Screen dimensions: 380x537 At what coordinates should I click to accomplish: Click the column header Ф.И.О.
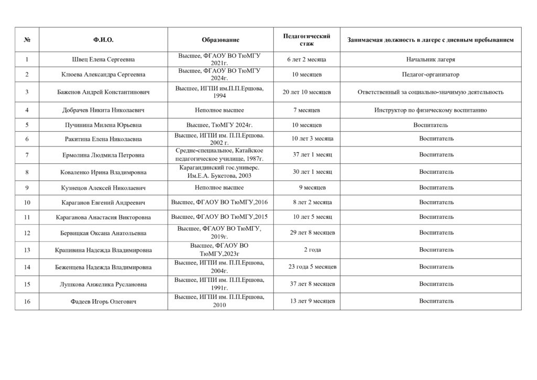[103, 40]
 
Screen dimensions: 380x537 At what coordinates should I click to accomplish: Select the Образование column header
[220, 40]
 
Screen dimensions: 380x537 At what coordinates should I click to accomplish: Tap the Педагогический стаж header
[306, 40]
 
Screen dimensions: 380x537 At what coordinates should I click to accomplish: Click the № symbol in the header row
[27, 40]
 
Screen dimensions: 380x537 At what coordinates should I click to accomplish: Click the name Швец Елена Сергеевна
[103, 59]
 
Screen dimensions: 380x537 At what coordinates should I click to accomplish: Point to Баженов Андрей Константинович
[103, 92]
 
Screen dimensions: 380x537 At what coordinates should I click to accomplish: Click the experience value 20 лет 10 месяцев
[306, 92]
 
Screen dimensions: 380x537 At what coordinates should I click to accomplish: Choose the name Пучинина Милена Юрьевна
[103, 125]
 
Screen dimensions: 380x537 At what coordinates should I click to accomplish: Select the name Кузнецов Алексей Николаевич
[103, 187]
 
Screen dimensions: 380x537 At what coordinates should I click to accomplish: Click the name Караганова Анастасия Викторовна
[103, 217]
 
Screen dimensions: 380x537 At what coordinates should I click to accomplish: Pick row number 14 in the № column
[27, 267]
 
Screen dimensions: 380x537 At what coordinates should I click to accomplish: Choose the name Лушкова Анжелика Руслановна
[103, 284]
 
